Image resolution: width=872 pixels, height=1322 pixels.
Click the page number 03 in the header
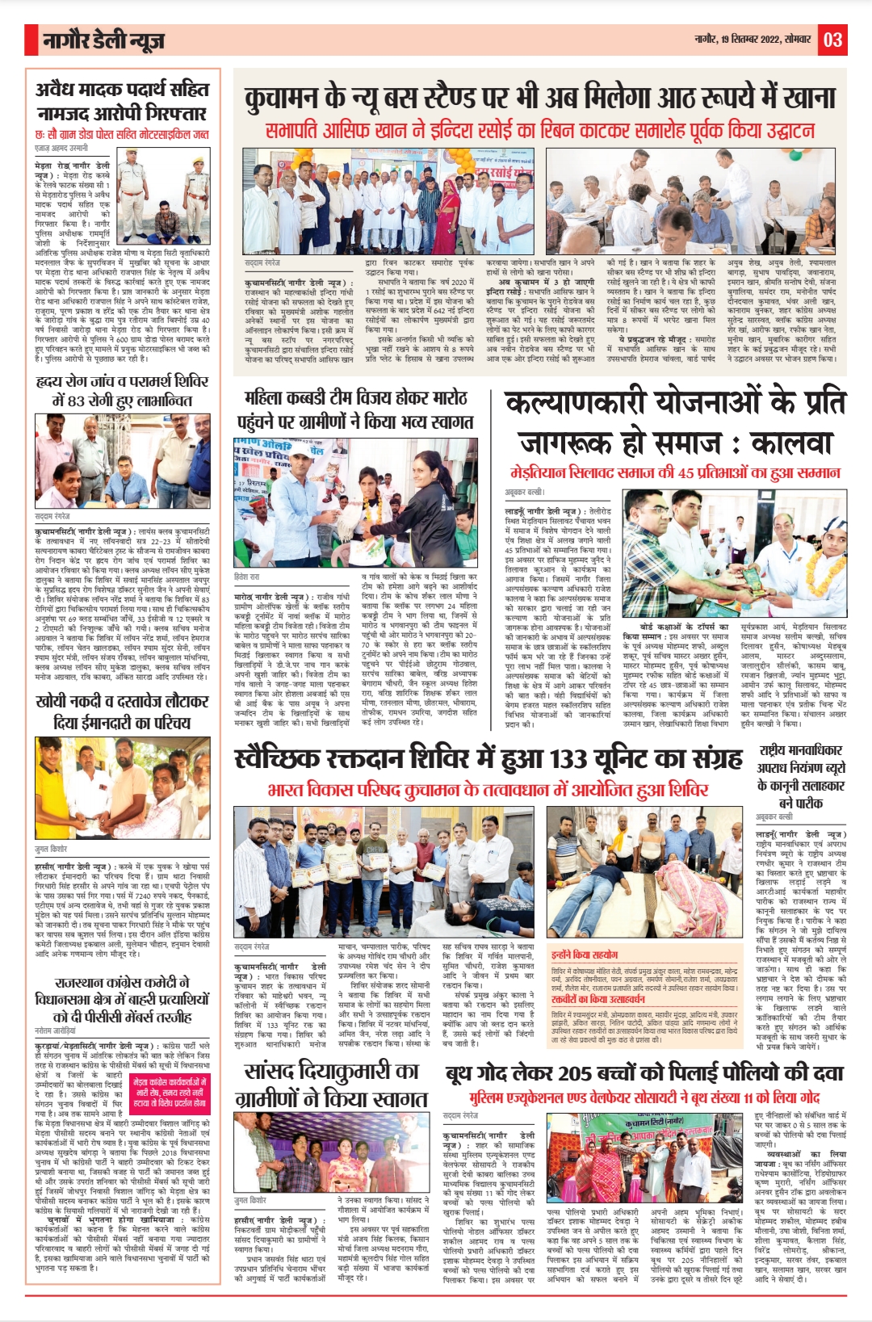(832, 39)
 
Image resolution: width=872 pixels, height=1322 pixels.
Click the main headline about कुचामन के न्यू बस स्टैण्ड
(539, 98)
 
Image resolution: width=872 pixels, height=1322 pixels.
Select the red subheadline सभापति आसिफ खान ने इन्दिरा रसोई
(539, 131)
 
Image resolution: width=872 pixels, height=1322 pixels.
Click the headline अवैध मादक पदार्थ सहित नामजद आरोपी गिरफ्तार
(121, 101)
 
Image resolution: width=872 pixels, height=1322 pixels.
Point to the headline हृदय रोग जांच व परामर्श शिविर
(121, 390)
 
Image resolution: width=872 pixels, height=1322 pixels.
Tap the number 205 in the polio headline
(574, 1073)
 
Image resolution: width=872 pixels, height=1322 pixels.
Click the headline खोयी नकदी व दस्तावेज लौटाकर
(121, 711)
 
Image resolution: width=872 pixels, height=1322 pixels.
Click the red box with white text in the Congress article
(170, 1092)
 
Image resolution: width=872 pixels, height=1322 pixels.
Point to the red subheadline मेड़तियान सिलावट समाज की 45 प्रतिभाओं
(675, 472)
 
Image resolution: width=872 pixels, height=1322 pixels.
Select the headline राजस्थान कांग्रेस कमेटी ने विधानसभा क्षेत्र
(121, 1000)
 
